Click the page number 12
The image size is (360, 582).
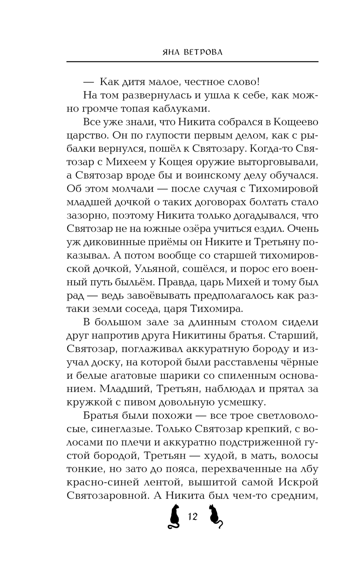193,516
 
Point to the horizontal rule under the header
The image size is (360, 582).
193,62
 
